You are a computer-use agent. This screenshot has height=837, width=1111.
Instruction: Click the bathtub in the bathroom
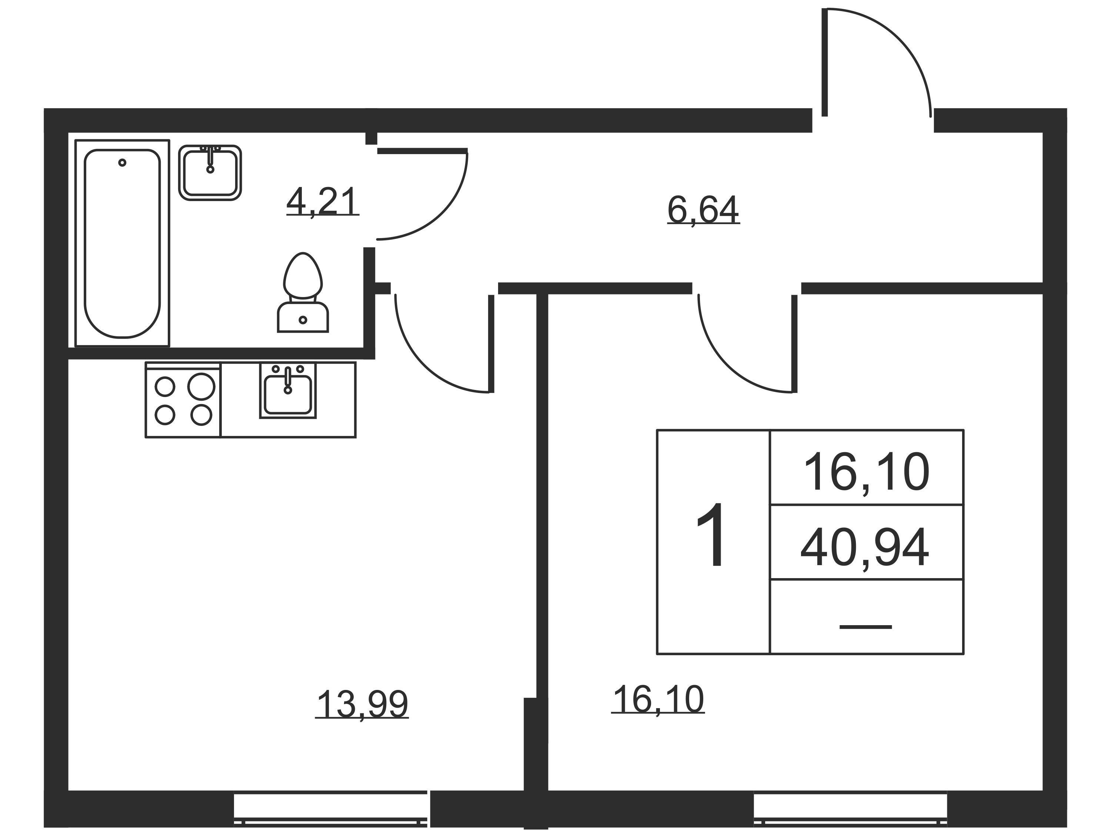point(122,243)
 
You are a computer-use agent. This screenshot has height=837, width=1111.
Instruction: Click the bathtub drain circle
point(122,162)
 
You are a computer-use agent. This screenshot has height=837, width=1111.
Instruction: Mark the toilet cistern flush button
point(303,320)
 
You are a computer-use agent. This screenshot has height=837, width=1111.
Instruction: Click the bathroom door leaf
point(422,150)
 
